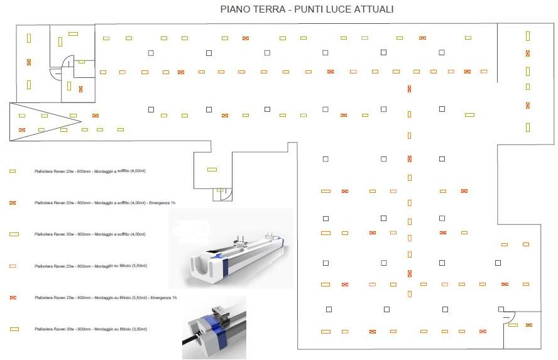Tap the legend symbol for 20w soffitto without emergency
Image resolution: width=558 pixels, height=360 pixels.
pos(13,170)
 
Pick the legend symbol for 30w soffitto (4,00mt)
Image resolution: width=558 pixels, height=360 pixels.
pos(14,234)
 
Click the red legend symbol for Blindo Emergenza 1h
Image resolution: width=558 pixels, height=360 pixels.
pos(13,297)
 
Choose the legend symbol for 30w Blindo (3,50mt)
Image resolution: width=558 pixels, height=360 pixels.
pos(14,329)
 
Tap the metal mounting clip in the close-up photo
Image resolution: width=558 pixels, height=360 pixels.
pos(218,311)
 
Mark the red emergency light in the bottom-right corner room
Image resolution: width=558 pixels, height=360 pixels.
pos(529,325)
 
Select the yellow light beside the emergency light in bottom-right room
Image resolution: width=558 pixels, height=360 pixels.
pos(513,325)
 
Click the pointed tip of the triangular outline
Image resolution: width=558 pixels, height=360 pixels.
pos(81,121)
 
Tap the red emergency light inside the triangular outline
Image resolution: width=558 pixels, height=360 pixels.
pos(23,130)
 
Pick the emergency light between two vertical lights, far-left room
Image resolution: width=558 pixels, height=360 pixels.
pos(29,62)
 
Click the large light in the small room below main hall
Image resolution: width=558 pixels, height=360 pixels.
pos(212,169)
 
